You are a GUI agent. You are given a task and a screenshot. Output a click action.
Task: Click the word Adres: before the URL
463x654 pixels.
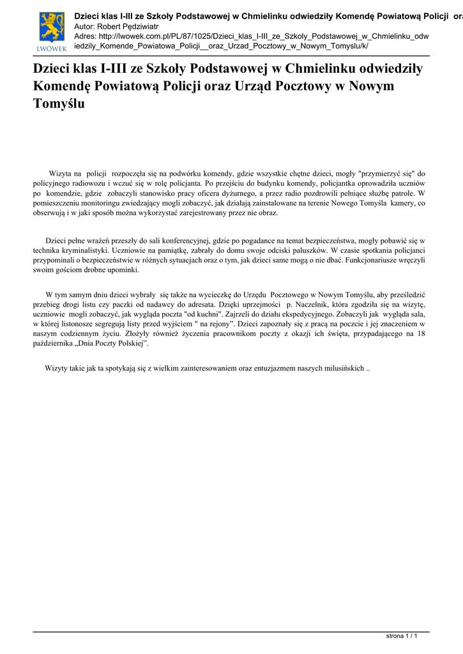86,36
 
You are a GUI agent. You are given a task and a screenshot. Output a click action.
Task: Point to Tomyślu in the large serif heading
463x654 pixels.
58,103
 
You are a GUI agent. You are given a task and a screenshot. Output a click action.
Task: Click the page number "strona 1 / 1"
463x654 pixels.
402,636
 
